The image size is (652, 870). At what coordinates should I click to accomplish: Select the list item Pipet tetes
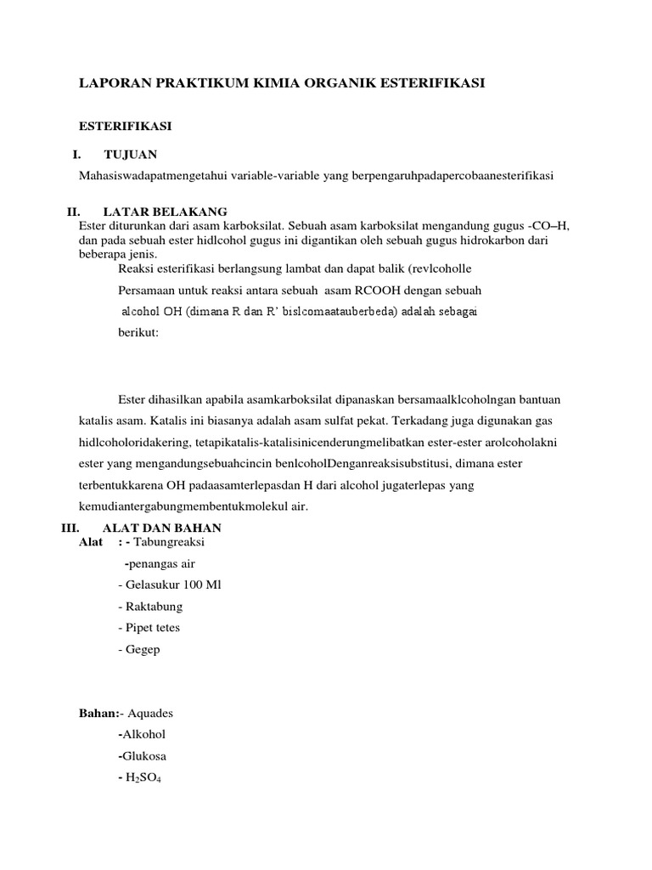(149, 628)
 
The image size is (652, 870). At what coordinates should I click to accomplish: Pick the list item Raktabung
(150, 607)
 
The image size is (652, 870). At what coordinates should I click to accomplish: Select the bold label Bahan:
(98, 713)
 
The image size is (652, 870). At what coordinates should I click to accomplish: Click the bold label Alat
(91, 542)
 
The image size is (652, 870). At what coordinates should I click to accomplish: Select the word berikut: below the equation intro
(138, 333)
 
